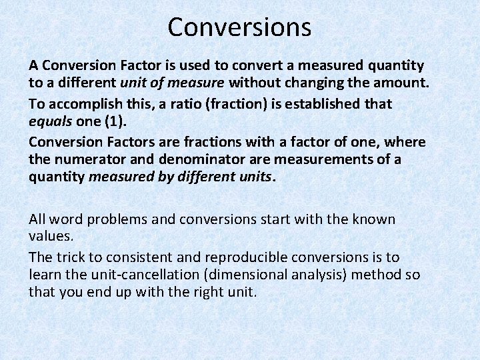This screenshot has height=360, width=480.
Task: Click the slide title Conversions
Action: (239, 27)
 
